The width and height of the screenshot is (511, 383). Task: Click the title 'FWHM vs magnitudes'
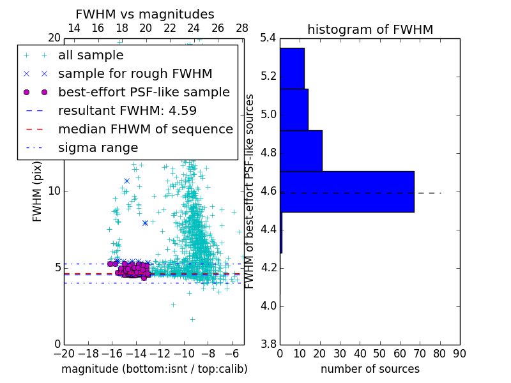145,14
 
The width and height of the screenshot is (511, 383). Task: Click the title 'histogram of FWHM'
370,29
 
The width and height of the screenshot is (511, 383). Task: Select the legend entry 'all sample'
91,56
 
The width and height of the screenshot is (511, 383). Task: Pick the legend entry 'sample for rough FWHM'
135,74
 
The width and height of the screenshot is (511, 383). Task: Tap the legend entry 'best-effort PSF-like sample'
144,93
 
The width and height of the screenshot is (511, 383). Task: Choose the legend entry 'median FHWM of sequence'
145,130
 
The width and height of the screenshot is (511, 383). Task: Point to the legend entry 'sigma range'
98,148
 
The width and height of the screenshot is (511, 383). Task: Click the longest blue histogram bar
347,191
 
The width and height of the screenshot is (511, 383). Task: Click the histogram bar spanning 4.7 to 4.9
301,151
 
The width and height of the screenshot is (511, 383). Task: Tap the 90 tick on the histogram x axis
459,354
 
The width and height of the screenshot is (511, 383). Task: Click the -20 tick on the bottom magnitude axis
64,354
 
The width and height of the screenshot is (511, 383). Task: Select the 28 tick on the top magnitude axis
242,28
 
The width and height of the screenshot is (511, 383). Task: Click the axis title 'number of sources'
370,369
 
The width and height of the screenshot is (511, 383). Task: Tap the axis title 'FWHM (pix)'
38,191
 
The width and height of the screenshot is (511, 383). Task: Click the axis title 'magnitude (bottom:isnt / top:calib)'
154,369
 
